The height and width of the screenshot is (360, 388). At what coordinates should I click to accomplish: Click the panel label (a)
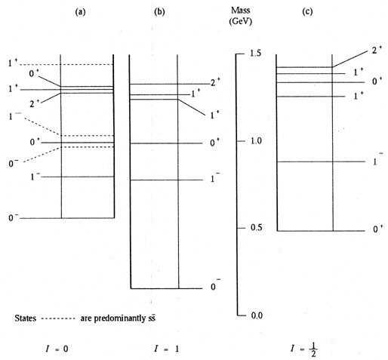pyautogui.click(x=80, y=12)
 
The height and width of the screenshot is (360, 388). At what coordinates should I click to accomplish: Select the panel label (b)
pyautogui.click(x=159, y=12)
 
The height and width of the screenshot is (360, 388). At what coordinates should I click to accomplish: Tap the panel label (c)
pyautogui.click(x=307, y=12)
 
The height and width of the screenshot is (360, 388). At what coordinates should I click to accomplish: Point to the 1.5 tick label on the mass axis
pyautogui.click(x=256, y=54)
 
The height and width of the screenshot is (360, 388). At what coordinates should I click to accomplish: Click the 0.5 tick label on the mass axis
pyautogui.click(x=257, y=228)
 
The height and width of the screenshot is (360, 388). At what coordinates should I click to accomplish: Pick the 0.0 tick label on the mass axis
pyautogui.click(x=257, y=315)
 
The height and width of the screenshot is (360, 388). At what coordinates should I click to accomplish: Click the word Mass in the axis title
pyautogui.click(x=241, y=11)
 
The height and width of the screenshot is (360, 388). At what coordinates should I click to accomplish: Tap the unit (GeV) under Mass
pyautogui.click(x=241, y=21)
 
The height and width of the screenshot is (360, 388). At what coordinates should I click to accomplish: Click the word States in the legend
pyautogui.click(x=26, y=318)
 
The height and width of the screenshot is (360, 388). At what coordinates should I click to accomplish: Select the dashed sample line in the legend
pyautogui.click(x=58, y=318)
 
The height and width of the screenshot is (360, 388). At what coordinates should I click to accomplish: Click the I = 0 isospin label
pyautogui.click(x=57, y=349)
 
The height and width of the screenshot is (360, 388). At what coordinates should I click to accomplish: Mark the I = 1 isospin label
pyautogui.click(x=167, y=349)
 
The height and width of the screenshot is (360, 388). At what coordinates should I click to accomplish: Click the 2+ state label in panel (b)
pyautogui.click(x=215, y=82)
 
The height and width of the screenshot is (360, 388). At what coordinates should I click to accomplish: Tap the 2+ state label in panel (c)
pyautogui.click(x=377, y=51)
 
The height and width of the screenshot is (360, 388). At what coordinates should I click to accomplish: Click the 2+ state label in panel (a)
pyautogui.click(x=35, y=103)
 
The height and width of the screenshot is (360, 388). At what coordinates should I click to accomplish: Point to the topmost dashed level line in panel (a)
pyautogui.click(x=66, y=65)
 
